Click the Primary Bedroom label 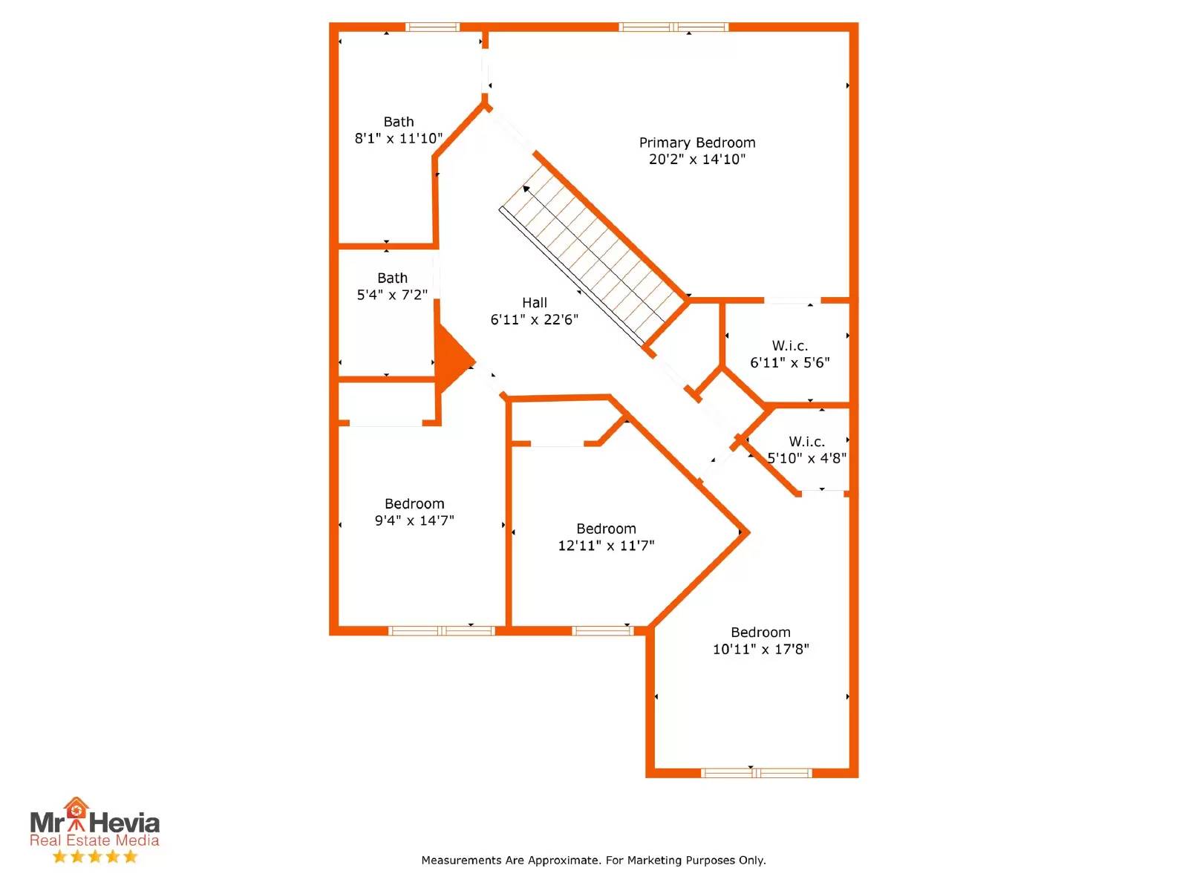click(x=696, y=143)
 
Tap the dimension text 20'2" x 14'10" click(x=696, y=159)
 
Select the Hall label click(x=534, y=302)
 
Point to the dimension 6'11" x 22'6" click(x=534, y=319)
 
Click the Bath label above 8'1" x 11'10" click(x=398, y=122)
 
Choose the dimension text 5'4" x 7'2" click(x=392, y=295)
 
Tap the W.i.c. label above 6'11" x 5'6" click(x=790, y=345)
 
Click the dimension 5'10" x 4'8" click(x=806, y=458)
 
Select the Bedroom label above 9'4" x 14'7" click(x=414, y=503)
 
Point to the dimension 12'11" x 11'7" click(x=606, y=545)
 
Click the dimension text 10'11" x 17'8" click(x=760, y=649)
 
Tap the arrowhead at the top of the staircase click(x=526, y=189)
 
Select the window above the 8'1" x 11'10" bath click(x=432, y=27)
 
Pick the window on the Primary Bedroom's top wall click(x=673, y=27)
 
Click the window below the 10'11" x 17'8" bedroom click(x=756, y=773)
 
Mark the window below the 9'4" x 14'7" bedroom click(x=442, y=630)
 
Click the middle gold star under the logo click(x=95, y=856)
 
